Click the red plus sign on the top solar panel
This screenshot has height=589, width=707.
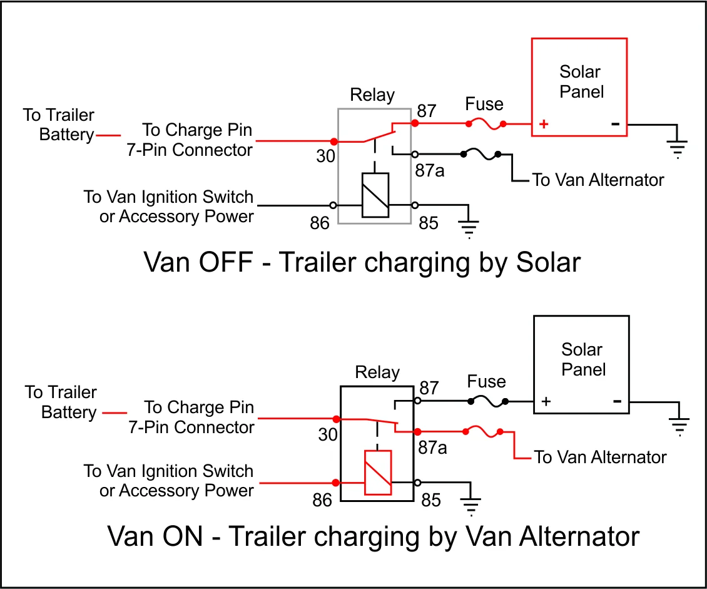click(x=544, y=124)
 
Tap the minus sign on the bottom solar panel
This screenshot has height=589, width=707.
click(x=617, y=401)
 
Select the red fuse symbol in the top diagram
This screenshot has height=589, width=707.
click(x=486, y=125)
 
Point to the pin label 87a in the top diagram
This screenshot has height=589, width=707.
click(x=430, y=170)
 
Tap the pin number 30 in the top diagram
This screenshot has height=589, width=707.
click(x=325, y=156)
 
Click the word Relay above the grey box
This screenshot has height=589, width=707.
click(x=372, y=95)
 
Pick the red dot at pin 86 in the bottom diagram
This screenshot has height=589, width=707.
click(x=336, y=482)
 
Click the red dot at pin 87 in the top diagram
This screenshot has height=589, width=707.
click(x=414, y=124)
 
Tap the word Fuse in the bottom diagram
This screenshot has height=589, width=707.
click(x=486, y=381)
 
